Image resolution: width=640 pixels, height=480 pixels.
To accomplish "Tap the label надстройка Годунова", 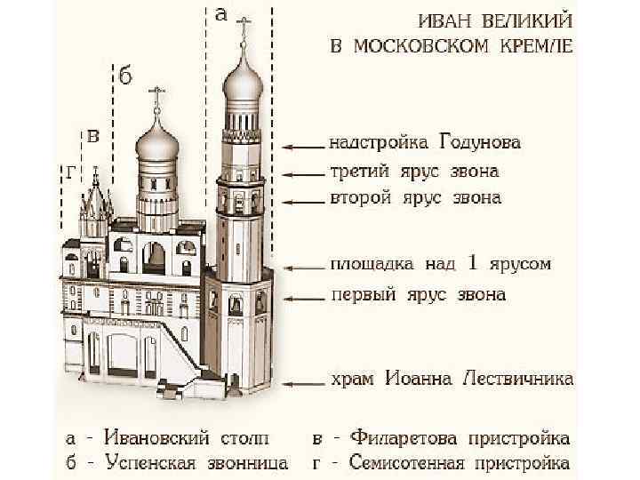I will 425,142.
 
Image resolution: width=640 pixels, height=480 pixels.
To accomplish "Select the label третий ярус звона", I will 414,171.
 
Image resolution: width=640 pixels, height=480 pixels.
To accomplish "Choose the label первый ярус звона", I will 418,293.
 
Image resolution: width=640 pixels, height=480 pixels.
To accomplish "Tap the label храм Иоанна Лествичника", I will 452,380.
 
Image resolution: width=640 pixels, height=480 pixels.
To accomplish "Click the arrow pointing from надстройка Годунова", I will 301,144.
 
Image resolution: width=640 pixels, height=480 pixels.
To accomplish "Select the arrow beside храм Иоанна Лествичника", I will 301,382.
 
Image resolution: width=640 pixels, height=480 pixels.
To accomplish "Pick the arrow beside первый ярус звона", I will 301,295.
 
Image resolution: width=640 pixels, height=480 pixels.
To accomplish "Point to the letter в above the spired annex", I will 92,135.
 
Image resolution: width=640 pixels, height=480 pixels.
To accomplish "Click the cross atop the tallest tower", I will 244,28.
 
